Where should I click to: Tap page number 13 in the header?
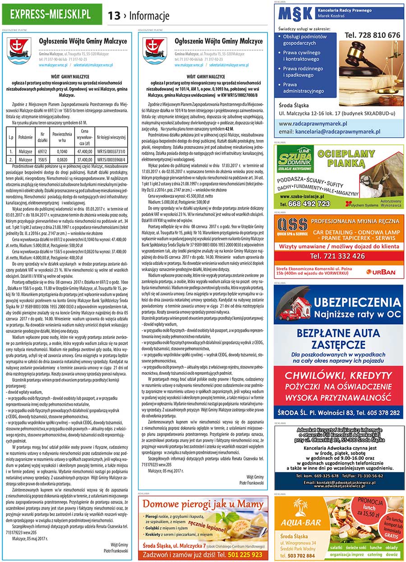click(114, 16)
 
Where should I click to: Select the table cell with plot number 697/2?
click(42, 152)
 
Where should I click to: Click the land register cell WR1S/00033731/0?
click(111, 152)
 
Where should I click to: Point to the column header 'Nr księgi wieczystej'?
click(111, 137)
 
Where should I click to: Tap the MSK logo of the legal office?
click(295, 17)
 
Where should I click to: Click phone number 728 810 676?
click(372, 35)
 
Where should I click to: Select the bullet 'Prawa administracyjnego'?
click(303, 88)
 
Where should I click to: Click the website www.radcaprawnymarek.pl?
click(313, 123)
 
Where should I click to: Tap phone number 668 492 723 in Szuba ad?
click(311, 203)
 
